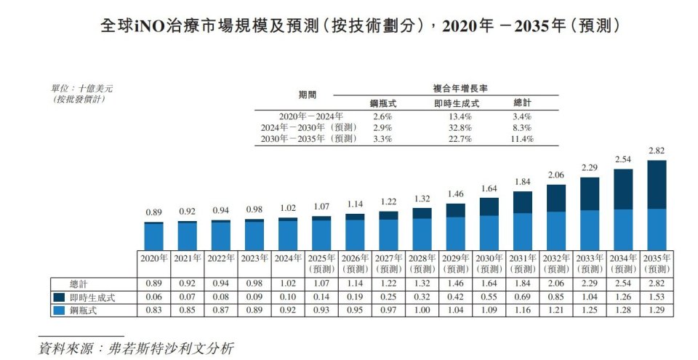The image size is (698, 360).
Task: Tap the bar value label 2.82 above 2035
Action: (x=657, y=151)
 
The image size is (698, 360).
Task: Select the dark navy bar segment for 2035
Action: (x=657, y=185)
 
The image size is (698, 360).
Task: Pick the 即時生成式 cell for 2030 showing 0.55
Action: (x=489, y=297)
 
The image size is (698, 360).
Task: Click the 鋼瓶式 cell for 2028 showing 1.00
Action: (x=422, y=311)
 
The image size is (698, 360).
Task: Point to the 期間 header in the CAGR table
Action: (x=308, y=95)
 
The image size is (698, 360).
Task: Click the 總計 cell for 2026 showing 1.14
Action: (x=355, y=284)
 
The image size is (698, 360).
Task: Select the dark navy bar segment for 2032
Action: (x=555, y=198)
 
